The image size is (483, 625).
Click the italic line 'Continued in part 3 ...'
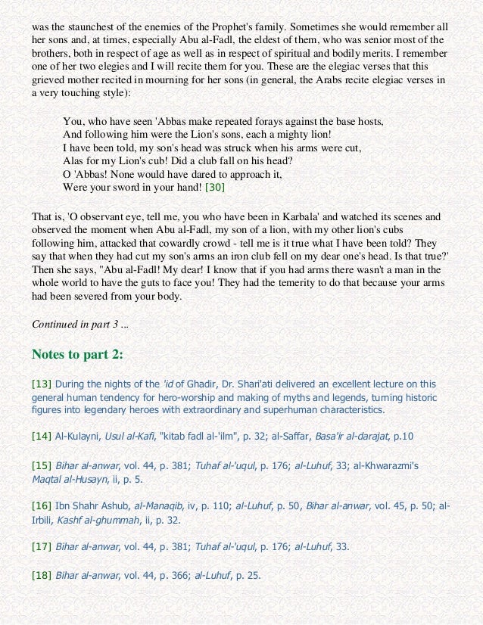pyautogui.click(x=80, y=324)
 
